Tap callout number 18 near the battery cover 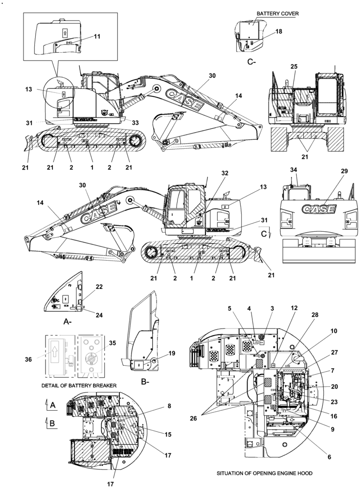pos(278,31)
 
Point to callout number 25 pos(293,66)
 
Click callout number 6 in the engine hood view pos(329,457)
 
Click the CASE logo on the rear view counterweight pos(318,210)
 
